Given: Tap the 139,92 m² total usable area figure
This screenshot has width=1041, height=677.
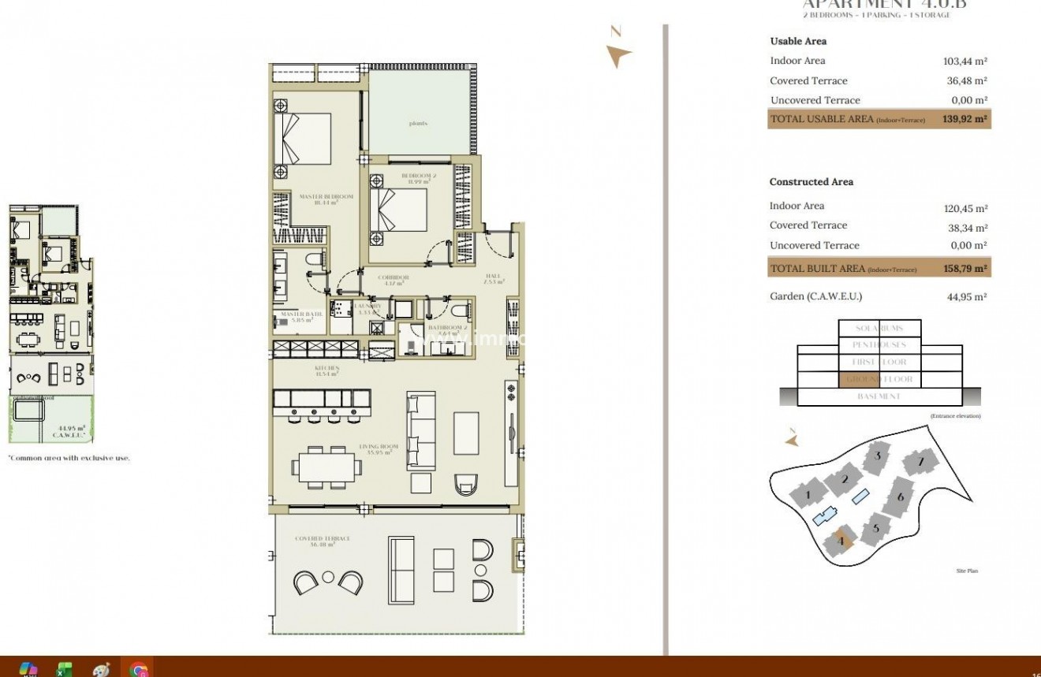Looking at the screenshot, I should point(965,120).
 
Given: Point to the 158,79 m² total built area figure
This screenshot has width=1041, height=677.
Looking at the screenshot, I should point(965,269).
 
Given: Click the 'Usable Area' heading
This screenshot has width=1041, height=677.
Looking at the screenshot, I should point(798,41).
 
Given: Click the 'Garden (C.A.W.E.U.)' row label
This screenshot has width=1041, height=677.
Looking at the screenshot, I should point(815,297).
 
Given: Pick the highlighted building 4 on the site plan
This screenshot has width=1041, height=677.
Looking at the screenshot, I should point(841,541).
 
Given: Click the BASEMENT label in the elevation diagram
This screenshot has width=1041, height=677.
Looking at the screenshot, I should point(878,396).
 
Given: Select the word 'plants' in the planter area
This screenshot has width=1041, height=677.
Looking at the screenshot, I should point(419,124).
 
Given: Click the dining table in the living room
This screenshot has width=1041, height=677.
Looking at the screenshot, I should point(327,467).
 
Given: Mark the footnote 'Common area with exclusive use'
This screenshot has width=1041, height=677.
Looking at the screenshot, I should point(69,458).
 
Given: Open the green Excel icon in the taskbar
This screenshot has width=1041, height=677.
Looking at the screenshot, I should point(64,669).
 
